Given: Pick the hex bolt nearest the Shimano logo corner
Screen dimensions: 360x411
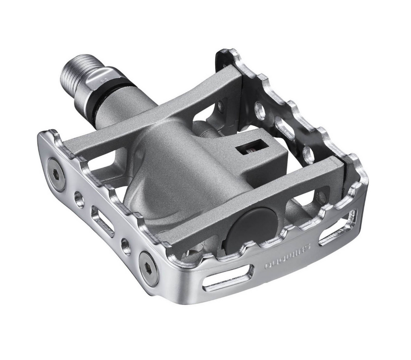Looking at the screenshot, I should point(148,268).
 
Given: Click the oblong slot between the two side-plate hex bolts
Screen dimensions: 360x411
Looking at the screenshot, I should point(102,221).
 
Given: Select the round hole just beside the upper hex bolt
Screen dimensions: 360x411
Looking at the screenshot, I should point(79,199).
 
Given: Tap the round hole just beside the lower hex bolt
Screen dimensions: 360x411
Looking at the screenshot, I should point(126,245).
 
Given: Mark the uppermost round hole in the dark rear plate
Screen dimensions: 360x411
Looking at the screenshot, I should point(260,110).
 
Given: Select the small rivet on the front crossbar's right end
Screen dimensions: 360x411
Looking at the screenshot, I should point(321,197).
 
